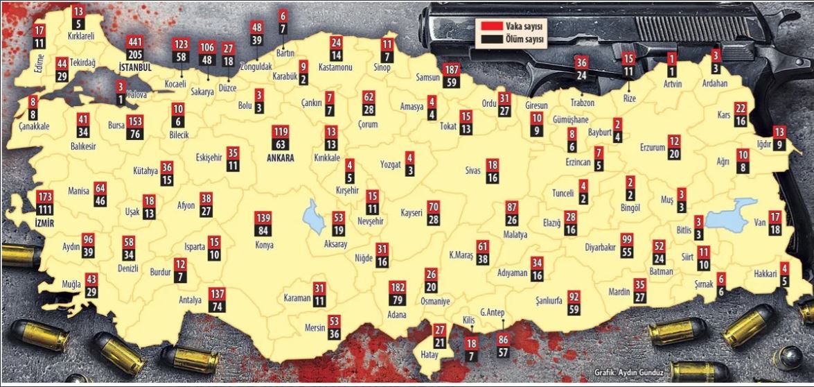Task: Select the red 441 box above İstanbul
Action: point(136,42)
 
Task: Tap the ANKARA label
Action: point(281,158)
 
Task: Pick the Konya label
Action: point(264,245)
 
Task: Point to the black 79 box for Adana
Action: point(398,300)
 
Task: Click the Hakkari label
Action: point(766,274)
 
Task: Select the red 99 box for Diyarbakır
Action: point(627,239)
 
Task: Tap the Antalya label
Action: point(190,300)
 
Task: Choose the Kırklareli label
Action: point(80,34)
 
